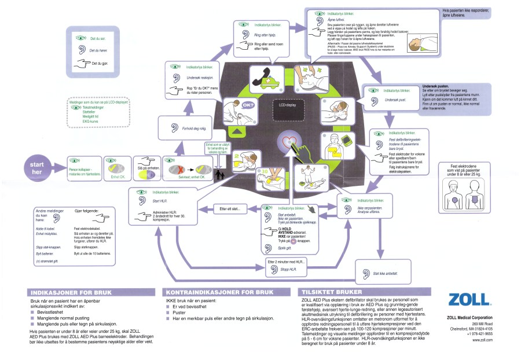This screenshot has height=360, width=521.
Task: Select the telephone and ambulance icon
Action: point(260,78)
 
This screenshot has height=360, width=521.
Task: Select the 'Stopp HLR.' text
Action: point(290,270)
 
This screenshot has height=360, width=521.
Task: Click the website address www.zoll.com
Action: point(482,340)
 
